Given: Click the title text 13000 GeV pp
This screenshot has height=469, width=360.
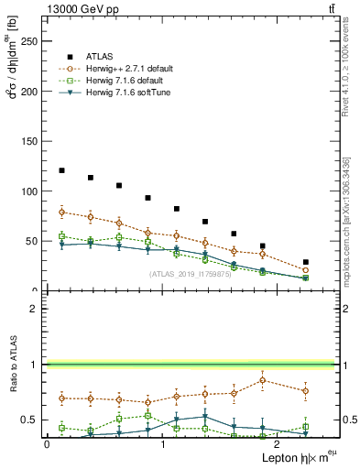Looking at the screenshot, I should pyautogui.click(x=79, y=8).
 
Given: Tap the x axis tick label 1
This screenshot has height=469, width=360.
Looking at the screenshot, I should pyautogui.click(x=162, y=444).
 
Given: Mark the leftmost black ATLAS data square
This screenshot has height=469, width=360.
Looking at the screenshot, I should pyautogui.click(x=61, y=170).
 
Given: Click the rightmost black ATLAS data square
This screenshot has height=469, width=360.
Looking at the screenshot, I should pyautogui.click(x=305, y=262).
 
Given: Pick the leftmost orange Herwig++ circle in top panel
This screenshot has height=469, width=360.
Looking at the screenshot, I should pyautogui.click(x=61, y=212).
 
